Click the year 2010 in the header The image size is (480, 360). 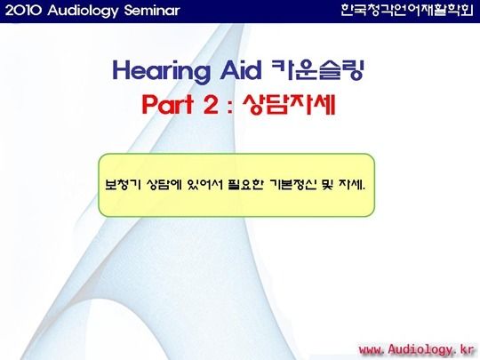click(x=23, y=11)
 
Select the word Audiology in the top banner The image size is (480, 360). click(x=83, y=12)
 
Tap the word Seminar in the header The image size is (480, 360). click(x=152, y=11)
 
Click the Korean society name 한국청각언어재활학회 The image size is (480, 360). click(x=407, y=11)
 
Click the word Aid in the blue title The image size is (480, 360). click(x=241, y=70)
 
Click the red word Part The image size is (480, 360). click(x=167, y=104)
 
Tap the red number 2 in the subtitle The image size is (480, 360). click(x=211, y=104)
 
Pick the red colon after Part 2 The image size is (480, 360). click(x=230, y=108)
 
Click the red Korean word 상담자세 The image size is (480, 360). click(x=289, y=104)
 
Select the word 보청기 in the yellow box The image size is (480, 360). click(x=123, y=184)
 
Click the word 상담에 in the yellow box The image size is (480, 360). click(x=164, y=184)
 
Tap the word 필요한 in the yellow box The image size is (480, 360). click(x=246, y=184)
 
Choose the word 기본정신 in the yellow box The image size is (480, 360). click(x=293, y=184)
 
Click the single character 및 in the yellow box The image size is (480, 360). click(x=327, y=184)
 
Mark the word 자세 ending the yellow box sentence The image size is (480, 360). click(x=351, y=184)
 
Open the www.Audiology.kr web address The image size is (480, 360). click(x=416, y=349)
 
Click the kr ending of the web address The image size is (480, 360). click(x=467, y=349)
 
